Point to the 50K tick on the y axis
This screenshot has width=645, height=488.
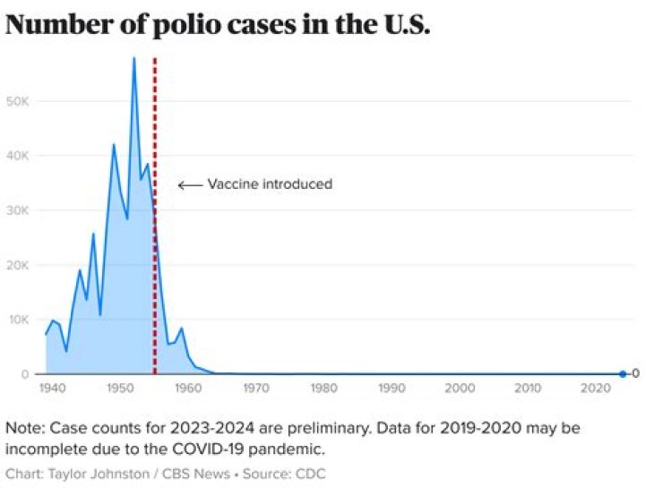(21, 101)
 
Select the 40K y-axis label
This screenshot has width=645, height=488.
(21, 156)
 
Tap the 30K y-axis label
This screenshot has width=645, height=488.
(21, 210)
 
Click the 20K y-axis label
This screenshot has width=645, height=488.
(21, 265)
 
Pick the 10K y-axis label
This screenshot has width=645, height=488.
(21, 320)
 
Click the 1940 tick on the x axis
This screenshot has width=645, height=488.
(51, 389)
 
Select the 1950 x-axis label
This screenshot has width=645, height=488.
(119, 389)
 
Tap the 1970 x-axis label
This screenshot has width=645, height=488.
(255, 389)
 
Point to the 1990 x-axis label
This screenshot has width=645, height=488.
(391, 389)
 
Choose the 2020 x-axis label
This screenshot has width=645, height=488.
(596, 389)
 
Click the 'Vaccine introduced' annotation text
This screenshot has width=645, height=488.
(270, 184)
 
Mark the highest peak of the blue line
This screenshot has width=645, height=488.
(133, 58)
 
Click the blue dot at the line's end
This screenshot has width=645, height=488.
(622, 374)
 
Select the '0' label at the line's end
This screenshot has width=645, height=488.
(635, 374)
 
